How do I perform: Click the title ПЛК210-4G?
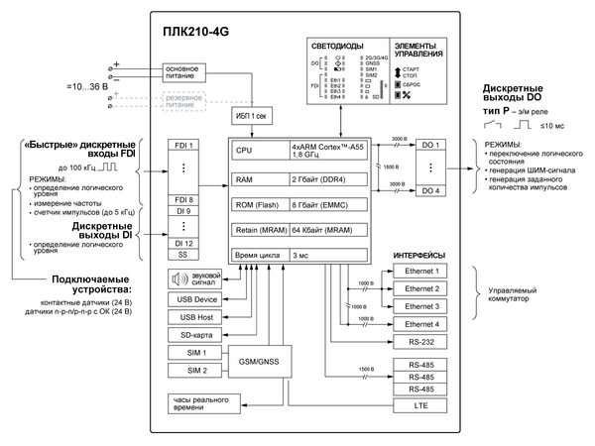(x=197, y=32)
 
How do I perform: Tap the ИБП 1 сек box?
(x=251, y=116)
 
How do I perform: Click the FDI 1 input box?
(x=185, y=146)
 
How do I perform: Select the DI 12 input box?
(x=185, y=243)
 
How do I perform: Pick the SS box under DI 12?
(x=185, y=256)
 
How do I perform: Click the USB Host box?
(x=192, y=316)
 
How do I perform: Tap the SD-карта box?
(x=192, y=335)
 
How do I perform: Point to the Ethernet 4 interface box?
(x=428, y=324)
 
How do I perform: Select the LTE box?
(x=428, y=406)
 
